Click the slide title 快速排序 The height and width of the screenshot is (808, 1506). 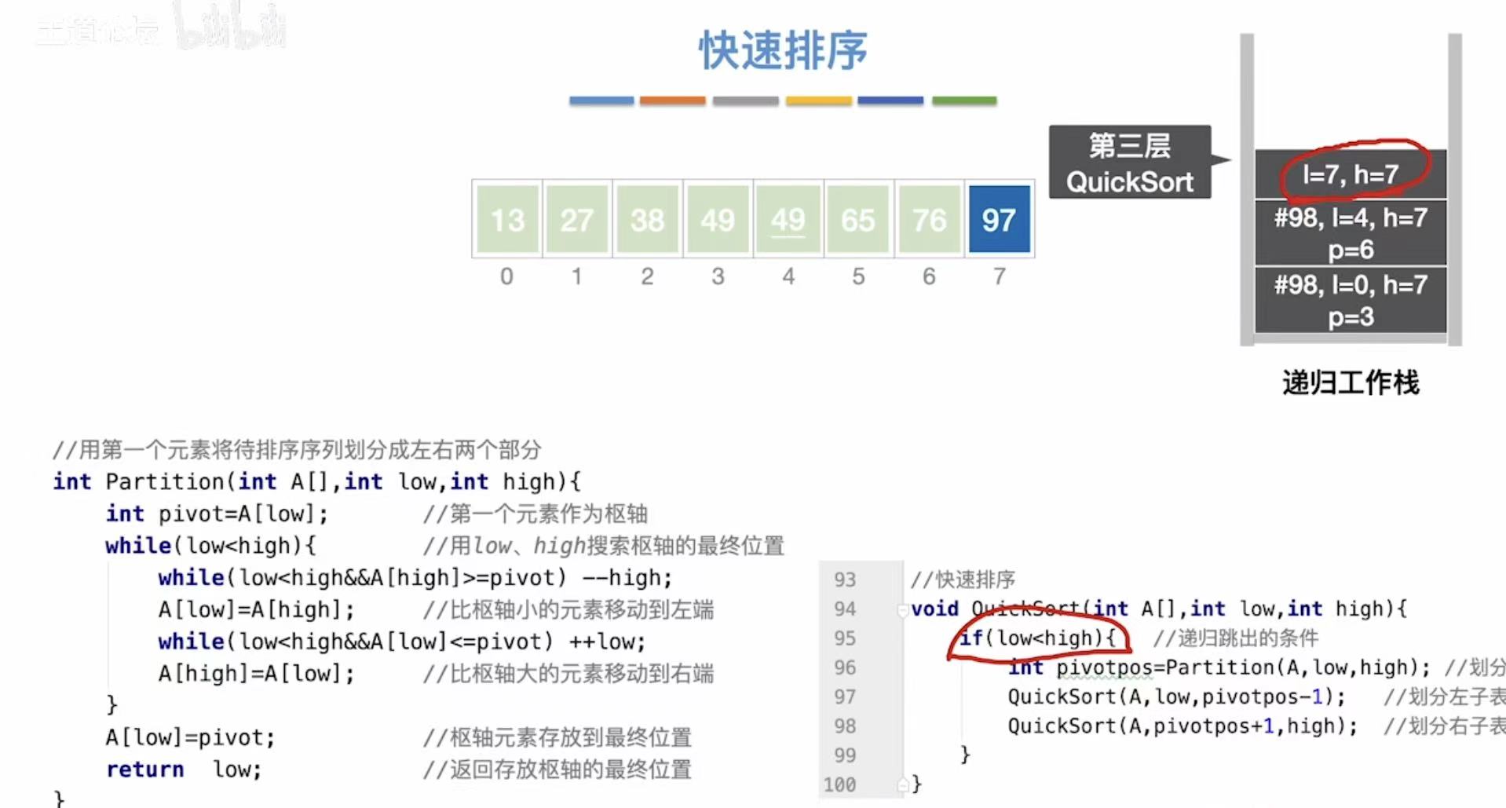[x=783, y=50]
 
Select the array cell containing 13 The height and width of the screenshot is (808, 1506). [x=507, y=219]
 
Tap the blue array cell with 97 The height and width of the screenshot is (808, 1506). [x=999, y=219]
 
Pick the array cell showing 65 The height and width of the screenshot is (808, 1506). [x=857, y=219]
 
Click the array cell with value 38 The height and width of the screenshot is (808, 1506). [x=647, y=219]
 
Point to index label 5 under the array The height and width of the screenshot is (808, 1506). [x=858, y=276]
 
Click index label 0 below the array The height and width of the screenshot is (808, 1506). [x=506, y=276]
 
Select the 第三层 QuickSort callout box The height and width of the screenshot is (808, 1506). [x=1129, y=163]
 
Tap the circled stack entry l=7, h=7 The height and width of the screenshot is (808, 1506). [x=1351, y=174]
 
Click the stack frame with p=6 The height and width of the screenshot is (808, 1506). [x=1351, y=233]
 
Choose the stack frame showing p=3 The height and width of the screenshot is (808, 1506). [x=1351, y=300]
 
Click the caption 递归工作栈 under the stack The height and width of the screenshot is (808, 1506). [x=1351, y=383]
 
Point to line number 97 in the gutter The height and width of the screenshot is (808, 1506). [x=845, y=696]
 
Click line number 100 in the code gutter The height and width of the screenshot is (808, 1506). [x=839, y=784]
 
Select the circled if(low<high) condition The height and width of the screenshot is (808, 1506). [x=1037, y=638]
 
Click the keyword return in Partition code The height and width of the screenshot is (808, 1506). [x=145, y=770]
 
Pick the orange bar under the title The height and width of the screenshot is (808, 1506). [x=672, y=101]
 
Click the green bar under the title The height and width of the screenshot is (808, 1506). [x=964, y=101]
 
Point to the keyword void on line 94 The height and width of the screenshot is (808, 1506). [x=934, y=609]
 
